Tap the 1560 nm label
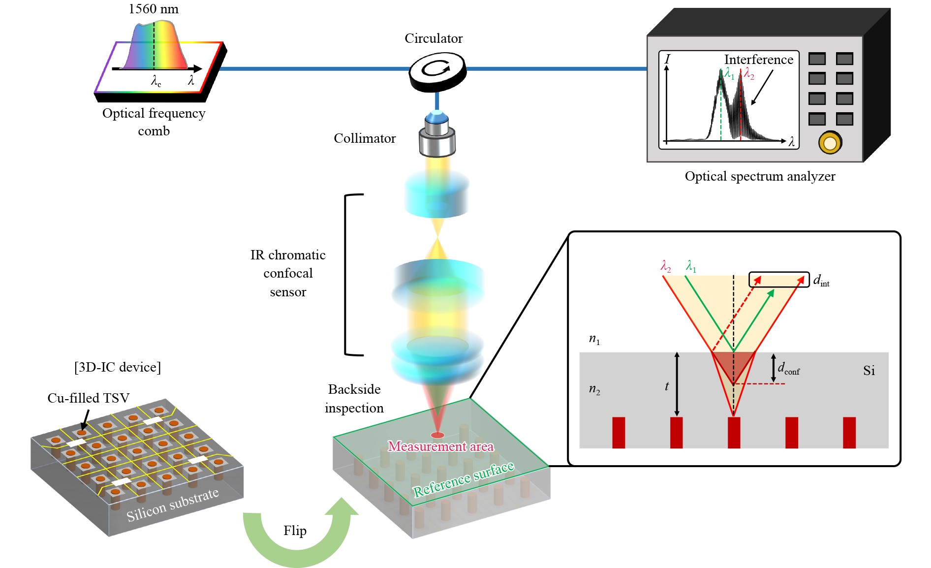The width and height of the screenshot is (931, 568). click(x=154, y=9)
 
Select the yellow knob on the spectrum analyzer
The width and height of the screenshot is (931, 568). click(x=830, y=143)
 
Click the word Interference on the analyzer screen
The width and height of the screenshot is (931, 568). click(x=758, y=60)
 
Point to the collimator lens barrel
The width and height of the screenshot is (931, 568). click(x=437, y=135)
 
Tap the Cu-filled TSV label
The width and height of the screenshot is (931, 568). click(x=88, y=398)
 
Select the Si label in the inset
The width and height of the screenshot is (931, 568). click(x=869, y=371)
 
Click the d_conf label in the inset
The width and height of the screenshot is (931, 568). click(x=788, y=368)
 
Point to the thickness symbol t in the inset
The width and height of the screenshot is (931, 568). click(x=667, y=386)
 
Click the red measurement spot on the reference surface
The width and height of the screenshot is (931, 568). click(x=437, y=435)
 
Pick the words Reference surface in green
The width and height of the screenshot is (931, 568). click(x=464, y=479)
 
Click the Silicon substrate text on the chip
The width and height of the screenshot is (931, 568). click(x=172, y=505)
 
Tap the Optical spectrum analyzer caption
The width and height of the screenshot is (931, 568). click(x=760, y=176)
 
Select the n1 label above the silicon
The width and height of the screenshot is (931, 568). click(x=594, y=339)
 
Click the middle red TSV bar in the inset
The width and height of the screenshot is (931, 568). click(x=734, y=432)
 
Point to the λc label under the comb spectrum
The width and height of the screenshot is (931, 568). click(x=156, y=81)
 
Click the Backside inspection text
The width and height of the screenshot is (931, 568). click(x=354, y=398)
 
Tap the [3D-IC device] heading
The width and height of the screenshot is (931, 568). click(x=118, y=367)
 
